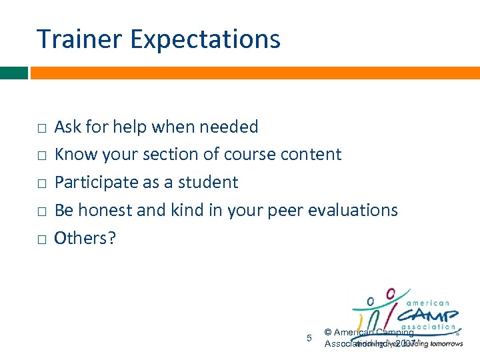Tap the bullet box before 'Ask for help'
coord(41,128)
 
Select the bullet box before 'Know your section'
coord(41,156)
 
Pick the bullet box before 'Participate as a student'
coord(41,183)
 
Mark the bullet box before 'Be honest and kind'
coord(41,211)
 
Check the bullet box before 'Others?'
coord(41,239)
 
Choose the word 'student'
coord(211,183)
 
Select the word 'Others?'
coord(85,238)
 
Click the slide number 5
coord(309,338)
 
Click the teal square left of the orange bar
coord(13,73)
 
